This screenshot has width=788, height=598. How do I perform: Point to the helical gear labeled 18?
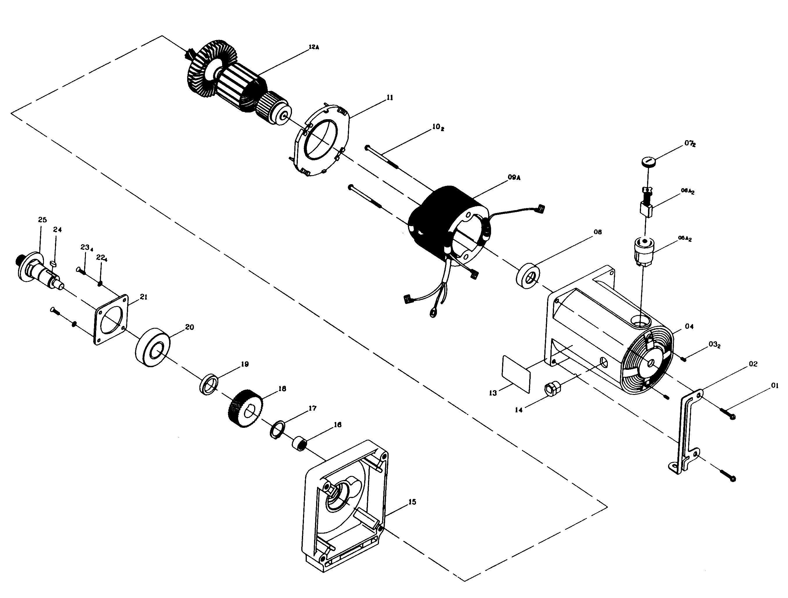[x=245, y=408]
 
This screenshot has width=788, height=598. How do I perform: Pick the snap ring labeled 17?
[x=277, y=430]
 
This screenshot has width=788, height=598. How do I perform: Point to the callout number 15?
[x=412, y=502]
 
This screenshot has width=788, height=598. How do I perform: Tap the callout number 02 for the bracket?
[x=753, y=364]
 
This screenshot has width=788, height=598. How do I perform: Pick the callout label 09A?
[x=514, y=177]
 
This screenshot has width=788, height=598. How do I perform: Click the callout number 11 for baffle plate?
[x=390, y=97]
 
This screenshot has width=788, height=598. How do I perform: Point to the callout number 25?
[x=42, y=220]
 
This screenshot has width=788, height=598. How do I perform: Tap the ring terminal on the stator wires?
[x=433, y=315]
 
